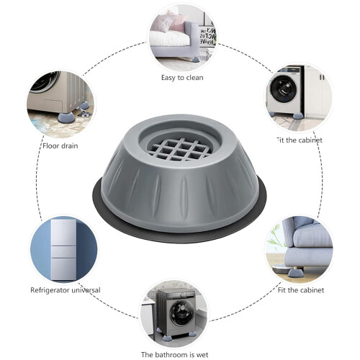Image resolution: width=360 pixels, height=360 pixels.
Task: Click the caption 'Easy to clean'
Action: point(182,78)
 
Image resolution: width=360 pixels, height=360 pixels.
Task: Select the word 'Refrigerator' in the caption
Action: point(48,290)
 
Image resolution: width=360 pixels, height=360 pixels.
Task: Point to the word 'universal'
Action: point(84,289)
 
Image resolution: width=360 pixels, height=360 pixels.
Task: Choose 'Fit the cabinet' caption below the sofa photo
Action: point(301,290)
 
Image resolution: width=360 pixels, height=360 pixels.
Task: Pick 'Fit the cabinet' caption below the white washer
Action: point(300,140)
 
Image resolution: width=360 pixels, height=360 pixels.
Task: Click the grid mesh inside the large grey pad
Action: point(179,149)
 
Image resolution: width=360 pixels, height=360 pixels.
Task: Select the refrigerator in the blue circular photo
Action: point(63,249)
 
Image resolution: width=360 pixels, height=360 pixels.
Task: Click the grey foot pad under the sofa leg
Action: point(294,273)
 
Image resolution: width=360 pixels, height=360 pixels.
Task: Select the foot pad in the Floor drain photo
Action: point(66,119)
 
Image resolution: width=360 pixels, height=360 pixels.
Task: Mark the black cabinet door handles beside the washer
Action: point(323,77)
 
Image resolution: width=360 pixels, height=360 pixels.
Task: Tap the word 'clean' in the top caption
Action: point(194,78)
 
